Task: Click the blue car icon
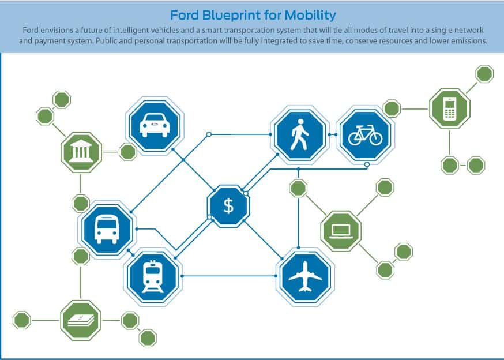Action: [x=155, y=125]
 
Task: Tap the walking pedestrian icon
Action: [x=299, y=135]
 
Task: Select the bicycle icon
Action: [x=366, y=135]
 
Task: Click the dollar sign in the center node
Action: [x=228, y=206]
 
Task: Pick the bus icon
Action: [x=107, y=230]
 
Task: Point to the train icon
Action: [x=153, y=277]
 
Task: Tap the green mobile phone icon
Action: [x=450, y=108]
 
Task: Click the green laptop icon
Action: [x=341, y=231]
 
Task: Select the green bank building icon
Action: [x=81, y=152]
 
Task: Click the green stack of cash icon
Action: [x=81, y=320]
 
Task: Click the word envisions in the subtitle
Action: [x=55, y=30]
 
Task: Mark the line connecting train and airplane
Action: [x=229, y=276]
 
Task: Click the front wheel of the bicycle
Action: [x=375, y=138]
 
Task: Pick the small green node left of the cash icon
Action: [x=22, y=320]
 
